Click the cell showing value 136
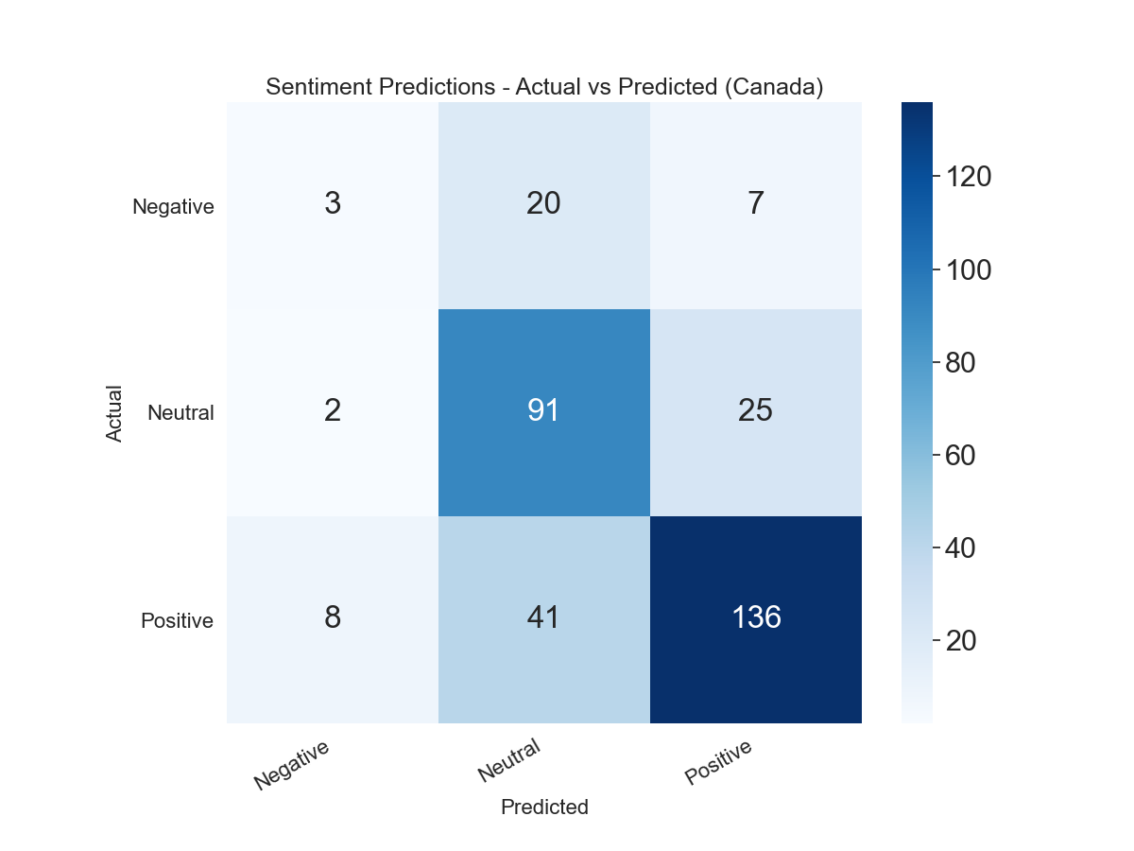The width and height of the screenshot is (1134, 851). pos(756,618)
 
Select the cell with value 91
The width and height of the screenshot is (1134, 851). pos(543,411)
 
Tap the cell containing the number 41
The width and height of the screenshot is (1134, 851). pos(543,618)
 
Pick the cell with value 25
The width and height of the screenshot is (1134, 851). pos(756,411)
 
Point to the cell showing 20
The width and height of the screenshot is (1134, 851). pos(543,204)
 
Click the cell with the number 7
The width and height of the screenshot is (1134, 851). pos(756,204)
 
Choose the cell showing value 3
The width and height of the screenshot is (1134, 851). pos(332,204)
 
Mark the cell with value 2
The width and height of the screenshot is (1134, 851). pos(332,411)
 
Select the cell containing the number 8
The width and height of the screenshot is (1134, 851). pos(332,618)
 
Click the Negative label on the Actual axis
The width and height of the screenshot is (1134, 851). pos(173,206)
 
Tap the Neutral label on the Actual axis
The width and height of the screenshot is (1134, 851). pos(180,412)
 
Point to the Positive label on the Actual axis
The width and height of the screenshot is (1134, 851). pos(177,621)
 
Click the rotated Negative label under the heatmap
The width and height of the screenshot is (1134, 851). pos(291,764)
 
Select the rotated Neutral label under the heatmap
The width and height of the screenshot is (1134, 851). pos(508,761)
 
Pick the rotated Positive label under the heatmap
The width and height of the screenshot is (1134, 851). pos(718,761)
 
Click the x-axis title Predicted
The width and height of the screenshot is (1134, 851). pos(544,808)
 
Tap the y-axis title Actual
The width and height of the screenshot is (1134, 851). pos(114,412)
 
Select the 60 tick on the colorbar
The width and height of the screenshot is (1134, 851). pos(961,456)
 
